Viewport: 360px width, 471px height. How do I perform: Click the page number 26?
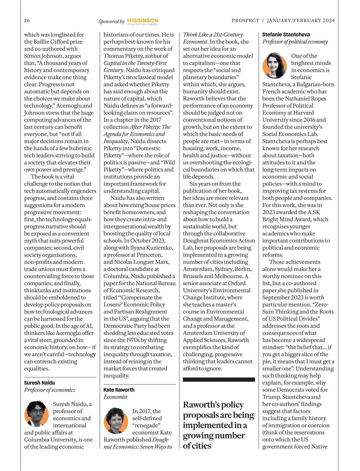[x=27, y=21]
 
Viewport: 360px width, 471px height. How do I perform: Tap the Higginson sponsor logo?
[x=143, y=21]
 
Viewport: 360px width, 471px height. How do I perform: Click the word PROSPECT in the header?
[x=245, y=21]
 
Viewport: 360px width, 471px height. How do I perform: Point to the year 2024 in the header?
[x=328, y=21]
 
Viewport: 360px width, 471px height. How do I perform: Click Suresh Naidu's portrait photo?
[x=37, y=413]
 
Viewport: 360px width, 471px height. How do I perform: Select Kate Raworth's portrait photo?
[x=116, y=421]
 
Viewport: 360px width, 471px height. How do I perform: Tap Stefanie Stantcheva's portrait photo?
[x=275, y=65]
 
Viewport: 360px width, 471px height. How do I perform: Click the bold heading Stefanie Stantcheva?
[x=286, y=35]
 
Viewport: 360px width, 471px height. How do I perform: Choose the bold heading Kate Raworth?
[x=119, y=390]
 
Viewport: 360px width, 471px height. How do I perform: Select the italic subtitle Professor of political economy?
[x=295, y=42]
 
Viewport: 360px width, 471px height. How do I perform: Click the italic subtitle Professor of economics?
[x=50, y=390]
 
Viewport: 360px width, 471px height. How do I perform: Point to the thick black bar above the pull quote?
[x=219, y=379]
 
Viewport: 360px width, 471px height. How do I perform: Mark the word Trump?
[x=271, y=397]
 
